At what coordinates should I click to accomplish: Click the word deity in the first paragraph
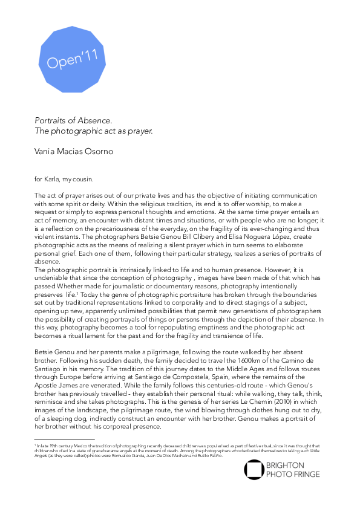[x=88, y=204]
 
